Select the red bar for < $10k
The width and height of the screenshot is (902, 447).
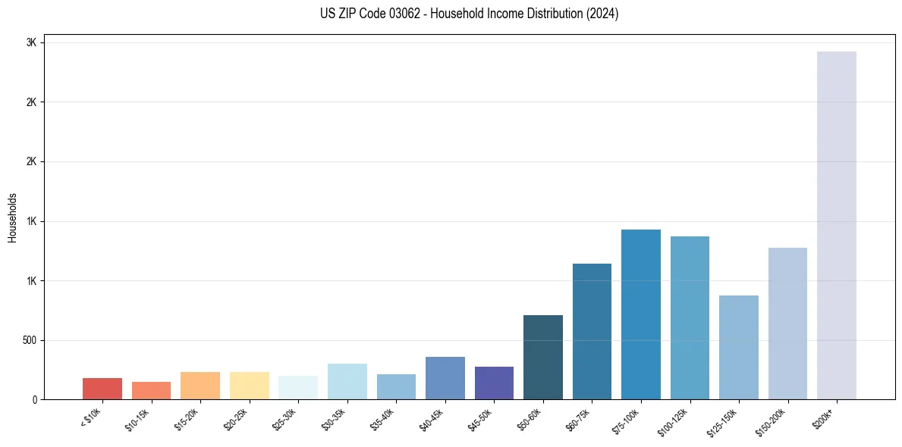click(x=102, y=389)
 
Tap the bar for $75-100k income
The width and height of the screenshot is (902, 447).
click(x=641, y=314)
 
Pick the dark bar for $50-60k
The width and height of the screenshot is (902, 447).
click(x=543, y=357)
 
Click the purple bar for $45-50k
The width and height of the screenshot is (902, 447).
click(x=494, y=383)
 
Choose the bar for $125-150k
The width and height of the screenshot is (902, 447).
click(x=739, y=347)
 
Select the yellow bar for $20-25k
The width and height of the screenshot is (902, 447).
click(x=250, y=386)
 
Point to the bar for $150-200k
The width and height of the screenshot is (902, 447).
click(x=787, y=324)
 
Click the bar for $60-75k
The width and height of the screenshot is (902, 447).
click(x=592, y=331)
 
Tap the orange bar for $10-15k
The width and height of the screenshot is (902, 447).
click(x=151, y=390)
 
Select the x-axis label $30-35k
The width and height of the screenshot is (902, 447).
click(x=333, y=418)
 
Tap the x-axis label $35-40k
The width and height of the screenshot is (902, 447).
click(x=382, y=418)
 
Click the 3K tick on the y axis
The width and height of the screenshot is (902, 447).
click(x=31, y=42)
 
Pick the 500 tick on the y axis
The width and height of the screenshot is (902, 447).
click(x=29, y=340)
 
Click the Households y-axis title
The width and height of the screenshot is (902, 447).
click(x=12, y=217)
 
